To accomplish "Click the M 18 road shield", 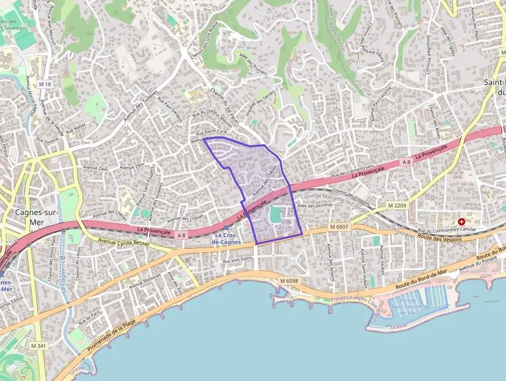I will [45, 84].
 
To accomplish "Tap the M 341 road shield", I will [38, 345].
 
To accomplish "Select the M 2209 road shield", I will [397, 206].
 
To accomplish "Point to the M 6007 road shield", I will [339, 226].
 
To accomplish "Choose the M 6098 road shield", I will [290, 280].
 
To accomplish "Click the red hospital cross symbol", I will [461, 221].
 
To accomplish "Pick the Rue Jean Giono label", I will [238, 260].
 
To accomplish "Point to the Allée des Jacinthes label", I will [317, 205].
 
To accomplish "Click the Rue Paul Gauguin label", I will [170, 109].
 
